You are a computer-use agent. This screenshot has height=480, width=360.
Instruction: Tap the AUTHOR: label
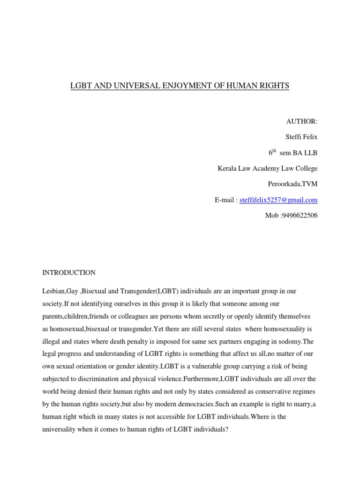point(302,121)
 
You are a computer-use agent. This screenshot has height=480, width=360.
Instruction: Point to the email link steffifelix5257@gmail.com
point(278,200)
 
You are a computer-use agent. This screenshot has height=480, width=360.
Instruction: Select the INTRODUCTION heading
point(69,272)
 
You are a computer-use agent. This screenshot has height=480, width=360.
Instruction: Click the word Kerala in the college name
point(228,168)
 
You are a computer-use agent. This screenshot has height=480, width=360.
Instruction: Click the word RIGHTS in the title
point(274,86)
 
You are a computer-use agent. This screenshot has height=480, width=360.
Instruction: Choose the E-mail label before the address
point(224,200)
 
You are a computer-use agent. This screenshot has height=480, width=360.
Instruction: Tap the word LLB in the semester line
point(310,153)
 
